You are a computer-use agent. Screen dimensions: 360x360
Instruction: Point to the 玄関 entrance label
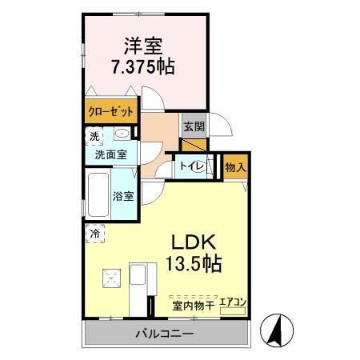pos(194,126)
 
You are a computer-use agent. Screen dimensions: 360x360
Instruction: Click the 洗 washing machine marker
pos(95,137)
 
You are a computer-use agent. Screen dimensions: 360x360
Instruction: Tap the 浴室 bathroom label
pos(123,197)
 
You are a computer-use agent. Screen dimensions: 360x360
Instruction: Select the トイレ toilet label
pos(190,166)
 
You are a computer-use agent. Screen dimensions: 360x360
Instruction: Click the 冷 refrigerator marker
pos(95,234)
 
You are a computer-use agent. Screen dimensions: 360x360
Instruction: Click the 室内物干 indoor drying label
pos(193,305)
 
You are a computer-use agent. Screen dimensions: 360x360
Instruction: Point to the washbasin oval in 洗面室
pos(123,134)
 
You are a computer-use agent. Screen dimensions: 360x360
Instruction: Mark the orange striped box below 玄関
pos(194,145)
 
